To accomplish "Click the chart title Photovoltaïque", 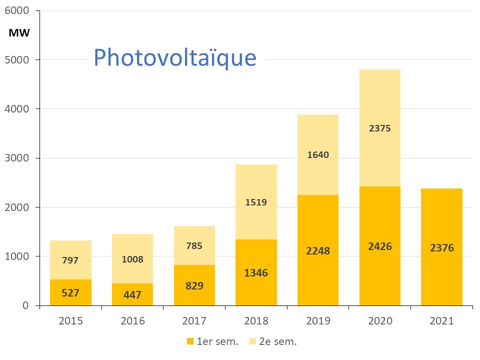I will pyautogui.click(x=175, y=58).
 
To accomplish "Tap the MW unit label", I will pyautogui.click(x=19, y=33).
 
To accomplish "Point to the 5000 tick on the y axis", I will pyautogui.click(x=18, y=60).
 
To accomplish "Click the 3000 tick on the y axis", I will pyautogui.click(x=18, y=158).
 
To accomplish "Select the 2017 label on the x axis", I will pyautogui.click(x=194, y=321).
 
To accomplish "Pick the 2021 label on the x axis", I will pyautogui.click(x=441, y=321).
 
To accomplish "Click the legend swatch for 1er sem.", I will pyautogui.click(x=190, y=341).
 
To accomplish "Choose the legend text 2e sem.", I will pyautogui.click(x=281, y=342).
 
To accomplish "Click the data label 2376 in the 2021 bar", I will pyautogui.click(x=441, y=247).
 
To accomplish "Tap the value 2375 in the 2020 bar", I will pyautogui.click(x=380, y=128).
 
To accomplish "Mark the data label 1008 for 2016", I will pyautogui.click(x=132, y=259).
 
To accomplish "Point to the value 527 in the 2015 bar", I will pyautogui.click(x=70, y=293).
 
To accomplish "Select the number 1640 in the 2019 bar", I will pyautogui.click(x=318, y=154).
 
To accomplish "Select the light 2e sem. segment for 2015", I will pyautogui.click(x=70, y=250).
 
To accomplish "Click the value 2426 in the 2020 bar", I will pyautogui.click(x=380, y=246).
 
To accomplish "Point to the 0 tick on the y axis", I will pyautogui.click(x=25, y=305).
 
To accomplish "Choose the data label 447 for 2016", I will pyautogui.click(x=132, y=295).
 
